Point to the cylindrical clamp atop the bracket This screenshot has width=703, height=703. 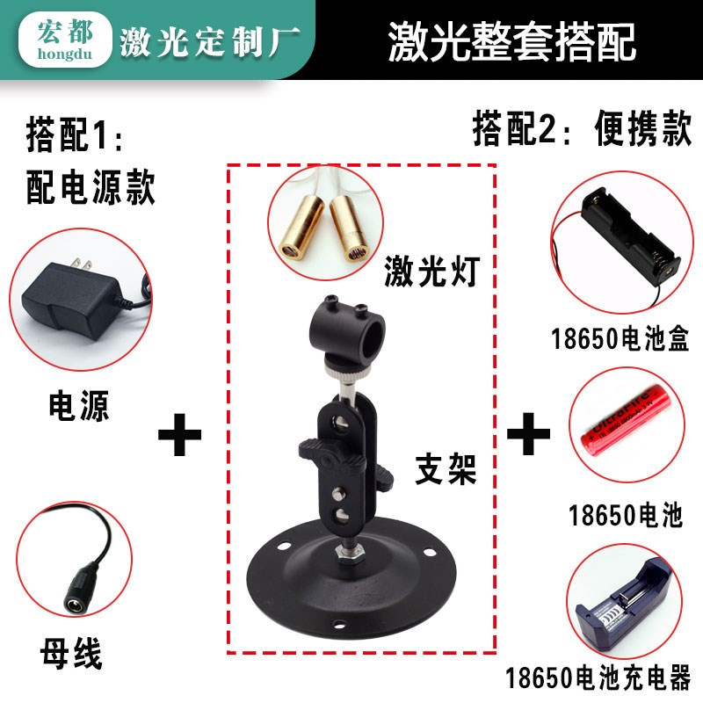pyautogui.click(x=344, y=330)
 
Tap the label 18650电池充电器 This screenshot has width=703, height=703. pyautogui.click(x=598, y=678)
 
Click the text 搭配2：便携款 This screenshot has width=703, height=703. pyautogui.click(x=580, y=132)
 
